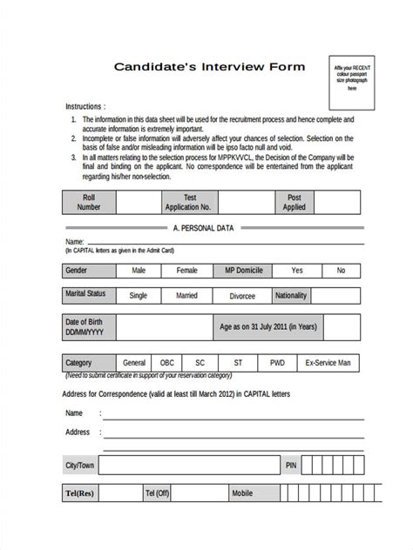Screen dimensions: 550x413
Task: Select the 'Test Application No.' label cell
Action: click(x=188, y=203)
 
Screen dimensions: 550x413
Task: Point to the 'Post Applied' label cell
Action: click(x=295, y=203)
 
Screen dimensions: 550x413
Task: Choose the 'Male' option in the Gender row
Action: click(x=139, y=271)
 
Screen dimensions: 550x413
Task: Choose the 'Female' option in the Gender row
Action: click(x=186, y=271)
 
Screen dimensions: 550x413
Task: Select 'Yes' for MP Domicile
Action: click(x=298, y=271)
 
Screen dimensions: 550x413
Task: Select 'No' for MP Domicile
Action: click(x=341, y=271)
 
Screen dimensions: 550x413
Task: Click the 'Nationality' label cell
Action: click(x=291, y=295)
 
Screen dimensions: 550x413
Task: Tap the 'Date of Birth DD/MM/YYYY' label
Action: click(x=87, y=328)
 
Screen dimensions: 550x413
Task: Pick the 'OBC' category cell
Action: click(x=166, y=361)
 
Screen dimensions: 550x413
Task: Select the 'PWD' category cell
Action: click(x=277, y=361)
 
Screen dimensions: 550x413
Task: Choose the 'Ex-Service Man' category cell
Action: click(x=328, y=361)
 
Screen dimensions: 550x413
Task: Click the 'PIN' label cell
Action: click(x=291, y=466)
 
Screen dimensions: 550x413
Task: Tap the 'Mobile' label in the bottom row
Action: click(x=241, y=493)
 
